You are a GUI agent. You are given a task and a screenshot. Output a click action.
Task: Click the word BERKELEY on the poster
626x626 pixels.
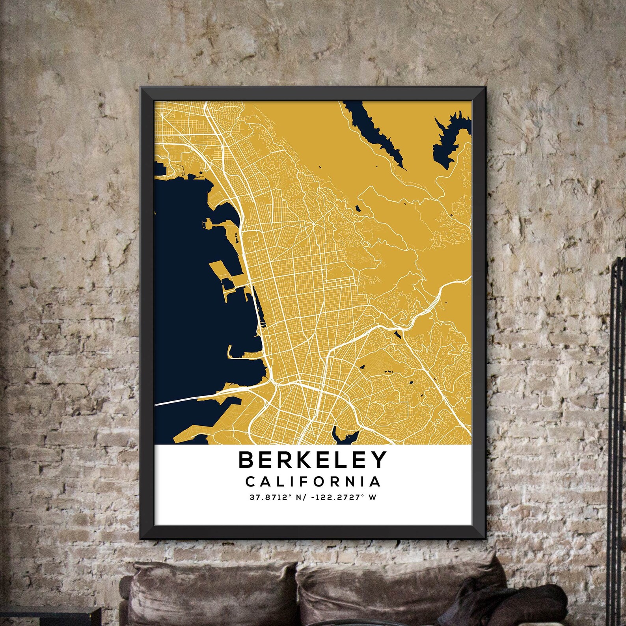pyautogui.click(x=313, y=459)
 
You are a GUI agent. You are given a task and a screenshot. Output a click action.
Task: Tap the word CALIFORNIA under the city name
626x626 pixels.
pyautogui.click(x=313, y=481)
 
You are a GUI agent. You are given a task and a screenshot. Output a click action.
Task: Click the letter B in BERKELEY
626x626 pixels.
pyautogui.click(x=247, y=460)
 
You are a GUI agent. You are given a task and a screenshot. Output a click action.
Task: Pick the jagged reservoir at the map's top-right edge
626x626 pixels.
pyautogui.click(x=449, y=138)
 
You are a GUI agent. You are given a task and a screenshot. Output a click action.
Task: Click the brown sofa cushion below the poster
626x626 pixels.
pyautogui.click(x=221, y=591)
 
